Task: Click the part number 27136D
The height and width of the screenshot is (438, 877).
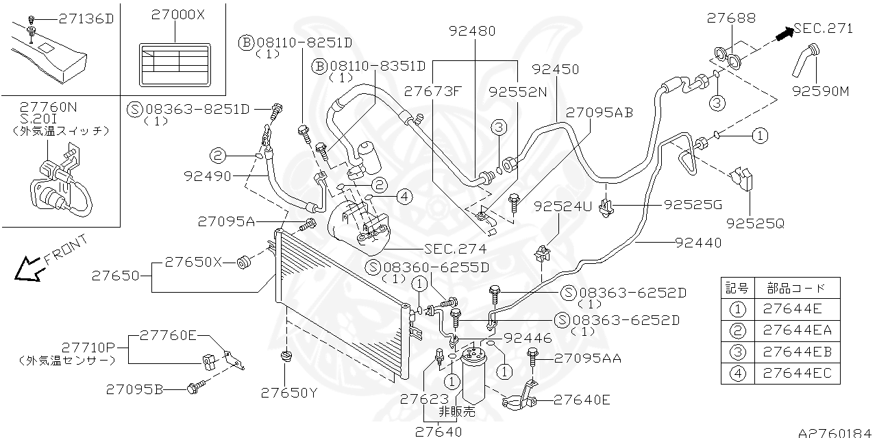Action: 86,19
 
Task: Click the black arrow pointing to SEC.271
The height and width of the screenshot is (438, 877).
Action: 783,33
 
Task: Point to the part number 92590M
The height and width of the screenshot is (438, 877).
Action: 819,90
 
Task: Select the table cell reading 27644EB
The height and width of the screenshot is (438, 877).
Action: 796,352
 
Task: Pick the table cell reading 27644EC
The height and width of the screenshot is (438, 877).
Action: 796,373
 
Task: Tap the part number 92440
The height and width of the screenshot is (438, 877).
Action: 697,242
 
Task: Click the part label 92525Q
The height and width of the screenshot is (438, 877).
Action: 755,223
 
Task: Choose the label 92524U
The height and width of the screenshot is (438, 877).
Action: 562,206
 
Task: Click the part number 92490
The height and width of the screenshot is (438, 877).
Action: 207,175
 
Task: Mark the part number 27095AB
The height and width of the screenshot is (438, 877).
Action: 599,112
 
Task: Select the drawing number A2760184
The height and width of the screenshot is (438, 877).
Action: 836,432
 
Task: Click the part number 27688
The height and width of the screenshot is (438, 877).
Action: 731,19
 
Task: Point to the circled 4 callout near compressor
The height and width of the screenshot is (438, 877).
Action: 404,197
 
